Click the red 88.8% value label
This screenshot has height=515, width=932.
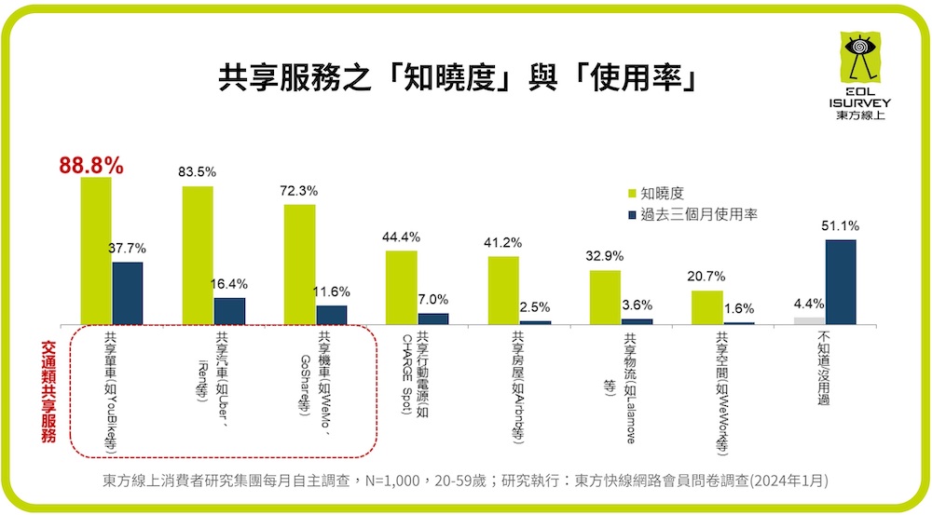[x=90, y=166]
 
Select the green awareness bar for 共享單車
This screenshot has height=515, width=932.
[x=96, y=250]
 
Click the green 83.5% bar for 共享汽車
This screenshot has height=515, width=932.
[x=198, y=254]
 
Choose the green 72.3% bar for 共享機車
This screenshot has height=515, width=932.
[x=299, y=264]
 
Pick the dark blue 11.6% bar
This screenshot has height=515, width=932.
[x=331, y=314]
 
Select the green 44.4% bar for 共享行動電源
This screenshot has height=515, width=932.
[x=401, y=287]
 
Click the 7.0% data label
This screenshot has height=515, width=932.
[x=433, y=300]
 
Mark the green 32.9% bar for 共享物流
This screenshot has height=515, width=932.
[x=605, y=297]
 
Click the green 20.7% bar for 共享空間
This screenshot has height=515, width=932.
[x=706, y=307]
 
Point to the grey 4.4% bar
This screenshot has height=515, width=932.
[x=809, y=320]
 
